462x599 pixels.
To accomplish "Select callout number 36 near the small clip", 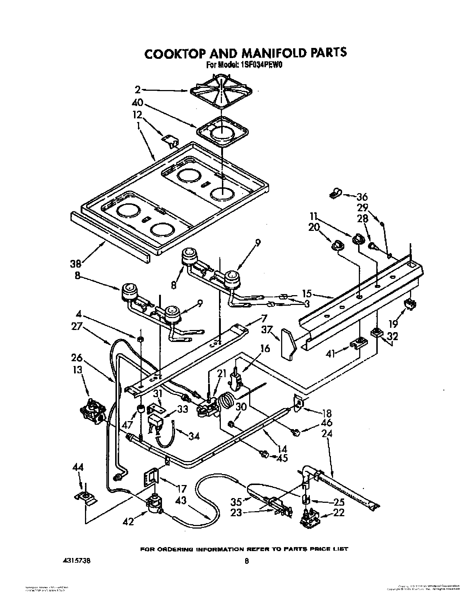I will click(362, 197).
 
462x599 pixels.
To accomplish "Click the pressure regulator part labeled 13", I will click(93, 412).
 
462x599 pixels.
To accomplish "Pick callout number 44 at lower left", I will click(78, 468).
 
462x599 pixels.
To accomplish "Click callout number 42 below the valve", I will click(128, 521).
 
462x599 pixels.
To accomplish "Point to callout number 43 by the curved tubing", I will click(181, 500).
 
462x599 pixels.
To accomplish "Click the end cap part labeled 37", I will click(288, 344).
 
